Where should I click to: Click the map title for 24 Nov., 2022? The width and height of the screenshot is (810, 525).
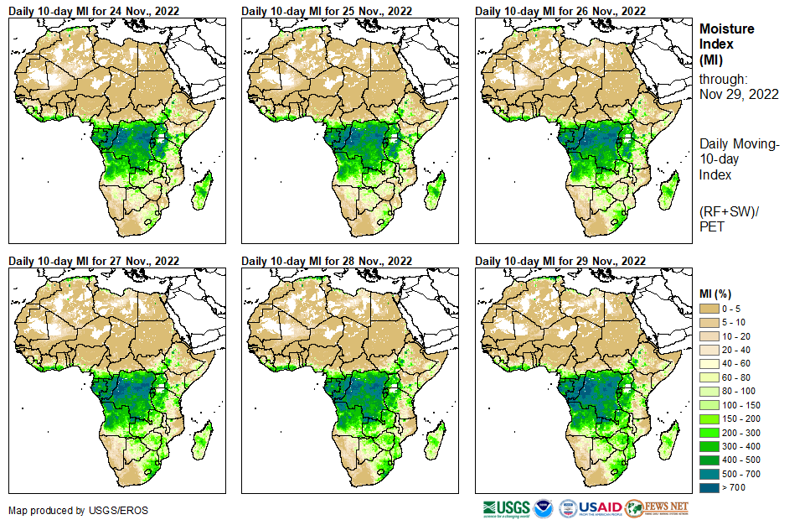coord(94,11)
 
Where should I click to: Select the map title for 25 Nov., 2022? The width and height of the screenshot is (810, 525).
coord(327,11)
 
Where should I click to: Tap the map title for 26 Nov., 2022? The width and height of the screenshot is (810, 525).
coord(560,11)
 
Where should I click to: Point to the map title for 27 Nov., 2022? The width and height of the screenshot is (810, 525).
coord(94,261)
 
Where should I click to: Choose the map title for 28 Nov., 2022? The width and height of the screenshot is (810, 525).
coord(327,261)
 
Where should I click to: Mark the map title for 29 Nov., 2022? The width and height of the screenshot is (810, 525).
coord(560,261)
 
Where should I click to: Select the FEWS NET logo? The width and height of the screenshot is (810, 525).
coord(657,508)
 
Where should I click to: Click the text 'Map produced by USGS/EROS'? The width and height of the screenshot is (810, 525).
coord(67,510)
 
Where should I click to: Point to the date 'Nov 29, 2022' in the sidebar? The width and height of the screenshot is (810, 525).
coord(739,94)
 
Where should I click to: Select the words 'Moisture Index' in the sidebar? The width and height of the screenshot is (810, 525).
coord(726,36)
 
